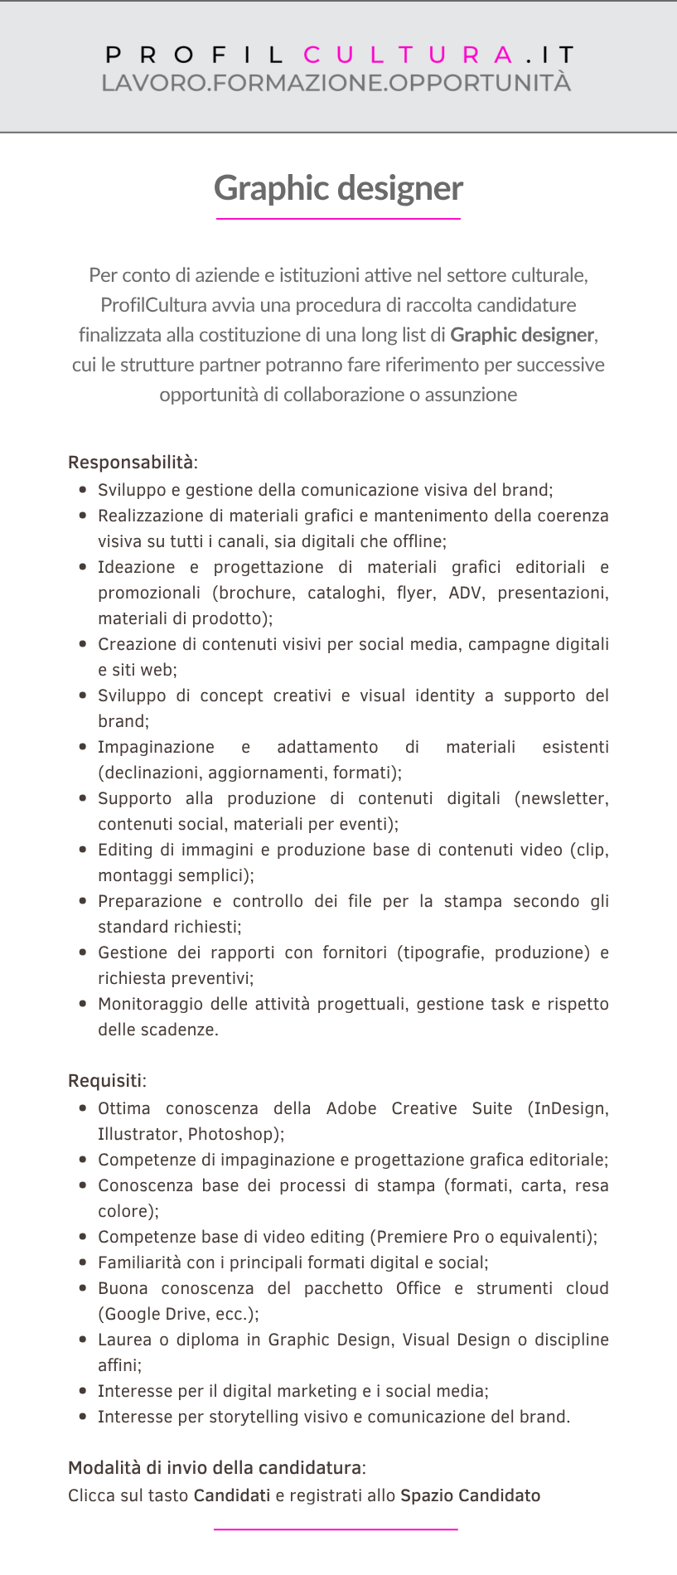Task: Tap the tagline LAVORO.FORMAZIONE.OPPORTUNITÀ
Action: click(x=336, y=83)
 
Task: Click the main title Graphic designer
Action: click(x=338, y=188)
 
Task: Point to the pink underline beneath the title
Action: click(x=338, y=219)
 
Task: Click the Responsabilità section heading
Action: click(x=131, y=463)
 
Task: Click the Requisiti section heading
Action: click(x=105, y=1081)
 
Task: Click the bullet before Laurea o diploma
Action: click(x=83, y=1340)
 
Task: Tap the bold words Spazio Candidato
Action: click(x=470, y=1495)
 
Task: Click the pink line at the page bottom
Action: click(x=336, y=1529)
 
